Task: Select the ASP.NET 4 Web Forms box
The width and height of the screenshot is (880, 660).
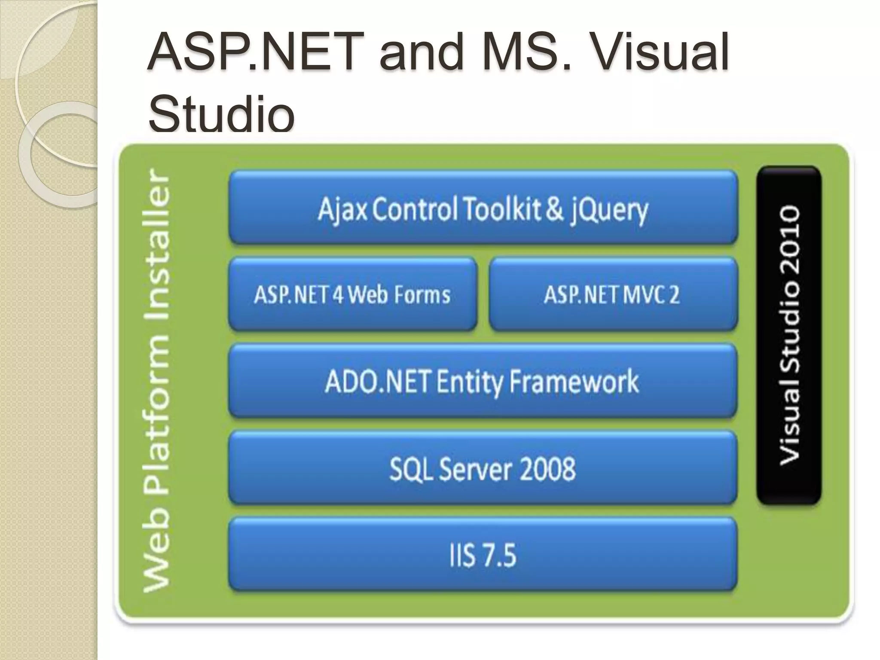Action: [352, 295]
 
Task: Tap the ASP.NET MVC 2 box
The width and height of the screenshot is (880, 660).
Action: [613, 295]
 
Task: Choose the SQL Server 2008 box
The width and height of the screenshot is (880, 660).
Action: [482, 468]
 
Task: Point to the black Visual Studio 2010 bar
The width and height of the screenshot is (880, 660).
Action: [789, 335]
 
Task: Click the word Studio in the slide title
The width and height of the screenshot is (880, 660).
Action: [222, 114]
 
